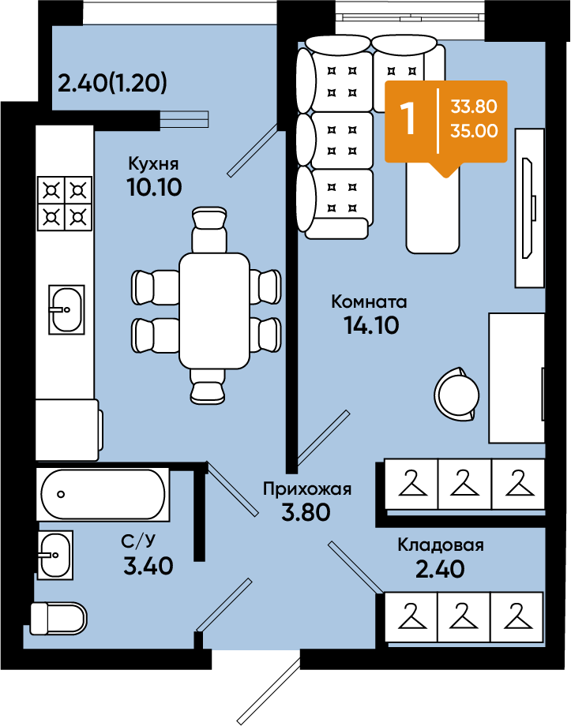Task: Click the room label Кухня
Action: pyautogui.click(x=153, y=163)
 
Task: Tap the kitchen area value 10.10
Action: pyautogui.click(x=154, y=187)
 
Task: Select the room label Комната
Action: pyautogui.click(x=369, y=302)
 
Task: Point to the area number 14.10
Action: pyautogui.click(x=371, y=325)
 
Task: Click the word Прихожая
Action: pyautogui.click(x=307, y=489)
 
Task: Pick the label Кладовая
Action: pyautogui.click(x=441, y=545)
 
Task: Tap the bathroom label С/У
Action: pyautogui.click(x=137, y=541)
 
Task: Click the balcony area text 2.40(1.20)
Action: pyautogui.click(x=112, y=84)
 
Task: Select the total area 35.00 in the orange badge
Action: pyautogui.click(x=474, y=130)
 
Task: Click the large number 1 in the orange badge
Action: pyautogui.click(x=409, y=118)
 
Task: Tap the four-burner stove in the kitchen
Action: pyautogui.click(x=65, y=204)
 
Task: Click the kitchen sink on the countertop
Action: pyautogui.click(x=67, y=309)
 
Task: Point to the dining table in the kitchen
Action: pyautogui.click(x=215, y=311)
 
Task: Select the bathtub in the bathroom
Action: pyautogui.click(x=103, y=494)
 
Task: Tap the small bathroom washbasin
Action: pyautogui.click(x=54, y=555)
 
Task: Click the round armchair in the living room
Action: pyautogui.click(x=456, y=394)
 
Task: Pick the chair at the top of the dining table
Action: pyautogui.click(x=209, y=230)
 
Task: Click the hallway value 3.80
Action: pyautogui.click(x=306, y=513)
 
